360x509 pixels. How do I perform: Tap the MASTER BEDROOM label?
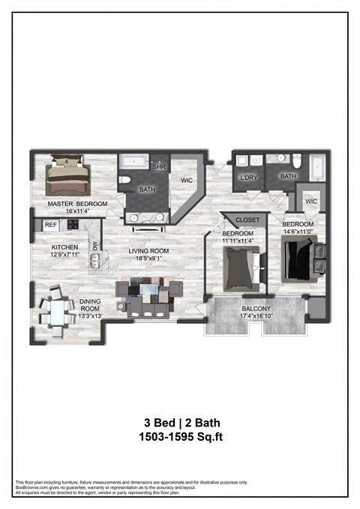click(77, 204)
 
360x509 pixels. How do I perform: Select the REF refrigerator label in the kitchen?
click(50, 224)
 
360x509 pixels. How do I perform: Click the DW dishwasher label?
click(94, 245)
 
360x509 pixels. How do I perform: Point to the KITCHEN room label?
click(64, 247)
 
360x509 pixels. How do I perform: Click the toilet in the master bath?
click(126, 181)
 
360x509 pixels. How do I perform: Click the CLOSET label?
click(247, 220)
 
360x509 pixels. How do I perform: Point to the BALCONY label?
click(256, 308)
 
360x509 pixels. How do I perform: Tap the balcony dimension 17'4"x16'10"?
click(256, 316)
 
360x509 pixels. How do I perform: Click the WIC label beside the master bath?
click(187, 180)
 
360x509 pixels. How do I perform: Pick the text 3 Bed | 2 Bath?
click(180, 421)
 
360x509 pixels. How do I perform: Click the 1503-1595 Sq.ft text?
click(180, 436)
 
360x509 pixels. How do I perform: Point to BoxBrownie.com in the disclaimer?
click(31, 487)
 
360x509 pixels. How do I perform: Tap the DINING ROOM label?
click(89, 305)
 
